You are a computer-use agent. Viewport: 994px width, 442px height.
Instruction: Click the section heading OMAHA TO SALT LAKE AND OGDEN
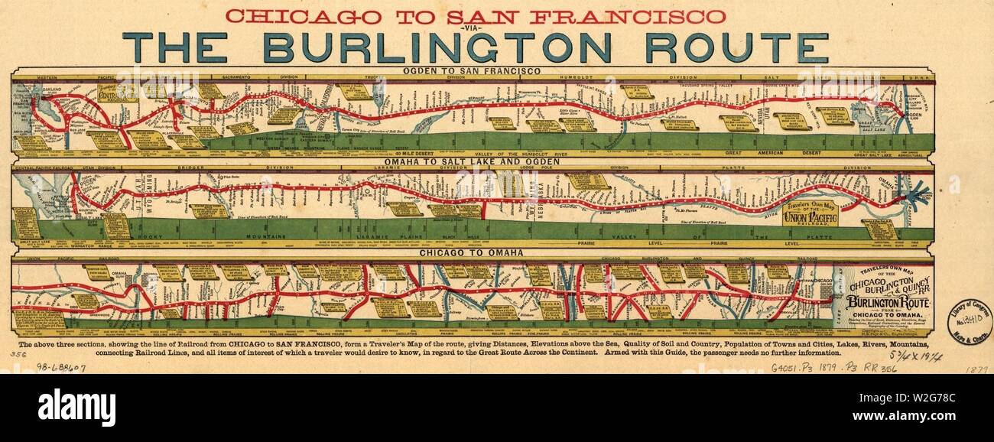pyautogui.click(x=473, y=162)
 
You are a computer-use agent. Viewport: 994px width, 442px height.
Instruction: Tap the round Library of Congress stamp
pyautogui.click(x=969, y=322)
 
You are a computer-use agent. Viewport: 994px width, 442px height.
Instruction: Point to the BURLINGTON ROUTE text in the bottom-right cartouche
pyautogui.click(x=879, y=302)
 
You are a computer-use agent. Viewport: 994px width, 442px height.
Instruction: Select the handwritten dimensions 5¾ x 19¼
pyautogui.click(x=927, y=356)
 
